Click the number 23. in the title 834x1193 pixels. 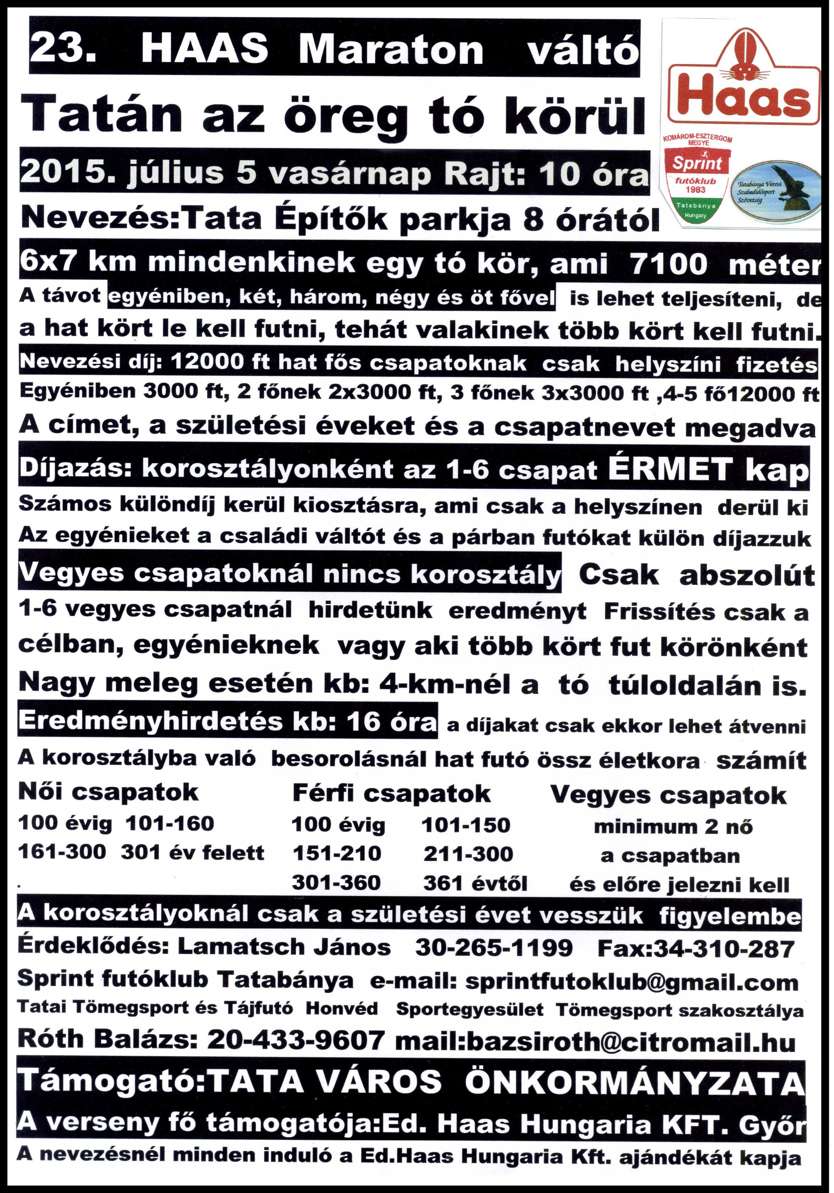pos(63,51)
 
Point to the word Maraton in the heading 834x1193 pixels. pos(391,51)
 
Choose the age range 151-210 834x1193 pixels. pos(337,853)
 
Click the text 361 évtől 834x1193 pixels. pos(475,883)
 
